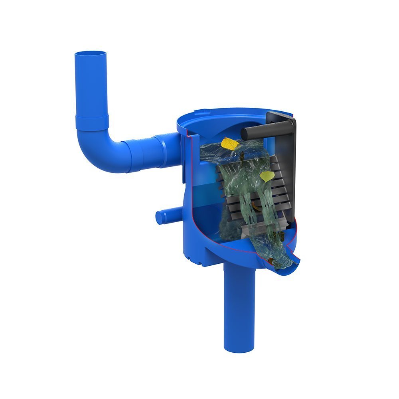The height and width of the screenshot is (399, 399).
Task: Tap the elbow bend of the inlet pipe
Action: click(x=96, y=150)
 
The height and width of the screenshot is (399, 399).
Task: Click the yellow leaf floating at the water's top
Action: click(x=230, y=143)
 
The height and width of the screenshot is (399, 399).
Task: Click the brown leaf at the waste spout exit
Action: click(x=271, y=261)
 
